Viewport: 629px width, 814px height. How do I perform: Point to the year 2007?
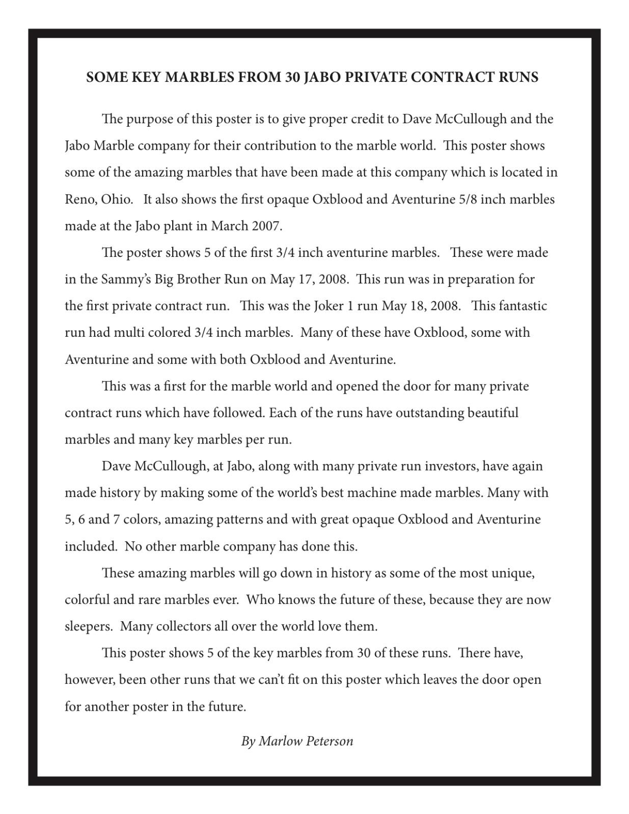266,225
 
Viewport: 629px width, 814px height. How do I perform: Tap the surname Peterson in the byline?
329,741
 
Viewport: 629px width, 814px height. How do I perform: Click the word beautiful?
493,412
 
